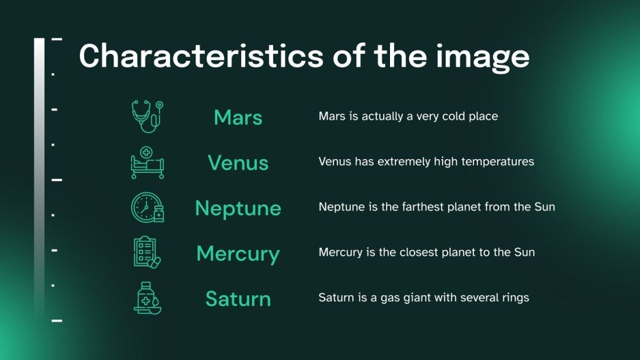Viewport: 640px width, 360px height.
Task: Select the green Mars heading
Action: coord(238,117)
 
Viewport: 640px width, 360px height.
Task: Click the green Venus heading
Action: coord(238,163)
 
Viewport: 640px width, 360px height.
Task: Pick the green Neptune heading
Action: coord(238,208)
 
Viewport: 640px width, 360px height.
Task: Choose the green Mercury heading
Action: coord(238,253)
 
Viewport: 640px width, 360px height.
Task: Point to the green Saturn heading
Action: coord(238,299)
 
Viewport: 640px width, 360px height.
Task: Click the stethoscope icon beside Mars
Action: coord(148,116)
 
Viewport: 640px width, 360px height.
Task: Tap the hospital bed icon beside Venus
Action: coord(148,162)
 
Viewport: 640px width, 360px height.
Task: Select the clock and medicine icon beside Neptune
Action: coord(148,208)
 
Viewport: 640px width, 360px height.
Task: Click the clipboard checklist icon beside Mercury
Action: coord(148,253)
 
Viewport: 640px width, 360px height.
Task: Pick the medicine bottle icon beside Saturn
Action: coord(148,299)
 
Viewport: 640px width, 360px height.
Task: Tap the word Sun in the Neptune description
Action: coord(544,207)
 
